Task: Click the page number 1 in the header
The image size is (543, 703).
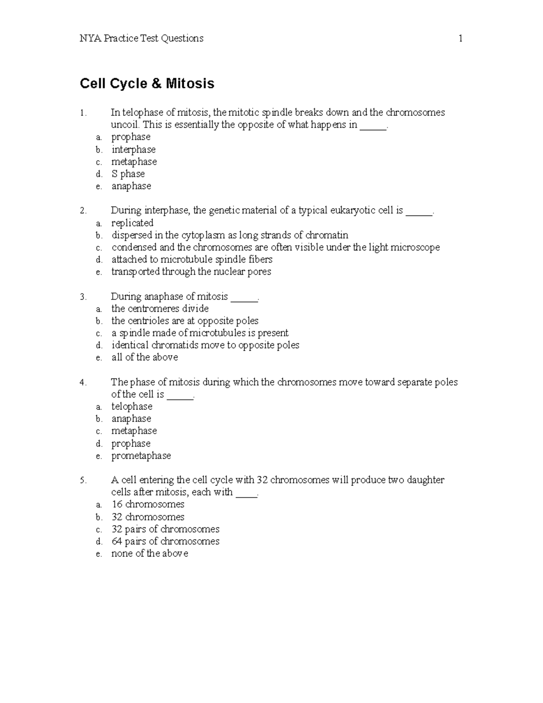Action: click(x=460, y=38)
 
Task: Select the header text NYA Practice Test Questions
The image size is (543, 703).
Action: click(x=141, y=38)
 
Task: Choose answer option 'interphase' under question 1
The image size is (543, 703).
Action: click(x=133, y=149)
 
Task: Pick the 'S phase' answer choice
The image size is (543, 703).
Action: click(x=128, y=174)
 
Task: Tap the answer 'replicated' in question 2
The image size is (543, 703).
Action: click(x=132, y=223)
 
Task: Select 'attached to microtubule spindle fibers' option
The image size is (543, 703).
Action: click(x=192, y=259)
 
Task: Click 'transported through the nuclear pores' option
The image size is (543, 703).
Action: click(x=191, y=272)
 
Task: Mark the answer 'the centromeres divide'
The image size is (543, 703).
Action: click(x=160, y=308)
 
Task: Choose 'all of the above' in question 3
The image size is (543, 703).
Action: click(x=144, y=357)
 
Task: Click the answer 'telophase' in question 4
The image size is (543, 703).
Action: click(x=132, y=406)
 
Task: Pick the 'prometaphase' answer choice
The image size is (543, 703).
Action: click(x=141, y=455)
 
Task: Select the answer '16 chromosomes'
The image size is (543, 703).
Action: click(x=148, y=504)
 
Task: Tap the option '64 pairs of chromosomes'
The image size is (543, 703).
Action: click(x=165, y=541)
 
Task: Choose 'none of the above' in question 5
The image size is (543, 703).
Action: click(x=149, y=553)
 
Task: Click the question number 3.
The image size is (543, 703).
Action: click(x=83, y=297)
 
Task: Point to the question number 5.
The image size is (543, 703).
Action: click(x=83, y=480)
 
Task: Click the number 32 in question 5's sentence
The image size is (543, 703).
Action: click(x=262, y=480)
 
